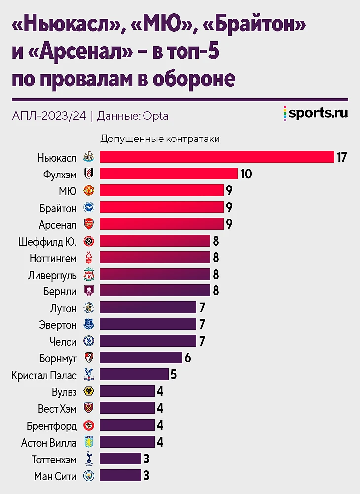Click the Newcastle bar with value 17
point(217,157)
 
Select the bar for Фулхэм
point(169,174)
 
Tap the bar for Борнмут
point(141,357)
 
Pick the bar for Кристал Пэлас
point(134,374)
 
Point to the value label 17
point(342,157)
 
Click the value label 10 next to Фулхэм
point(246,174)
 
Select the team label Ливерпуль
point(52,274)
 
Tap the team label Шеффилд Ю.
point(48,241)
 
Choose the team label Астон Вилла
point(49,442)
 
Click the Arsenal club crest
point(89,224)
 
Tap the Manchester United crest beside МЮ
point(89,191)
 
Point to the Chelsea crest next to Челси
point(89,341)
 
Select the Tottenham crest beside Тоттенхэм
point(89,459)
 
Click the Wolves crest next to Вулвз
point(89,391)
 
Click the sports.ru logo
point(316,113)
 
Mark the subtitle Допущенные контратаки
point(160,139)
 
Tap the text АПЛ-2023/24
point(48,116)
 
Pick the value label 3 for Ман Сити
point(146,476)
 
